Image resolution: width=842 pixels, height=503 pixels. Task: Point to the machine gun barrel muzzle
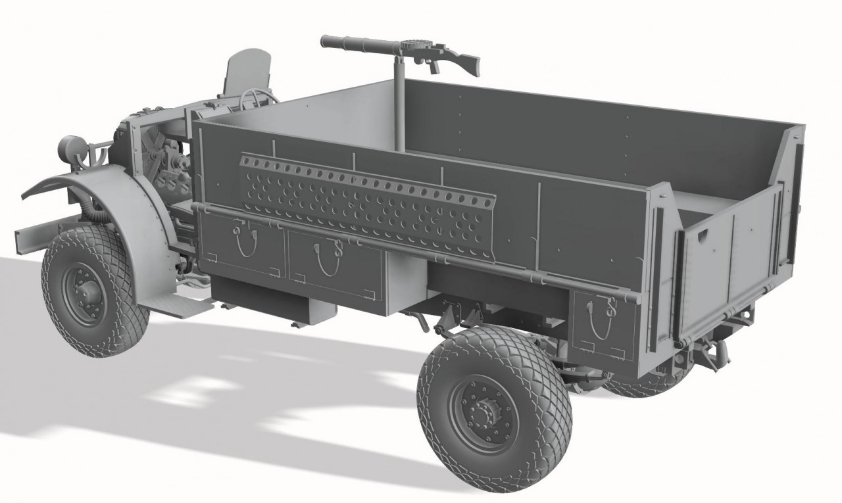pyautogui.click(x=325, y=41)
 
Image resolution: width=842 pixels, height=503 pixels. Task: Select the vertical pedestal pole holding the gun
pyautogui.click(x=399, y=105)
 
